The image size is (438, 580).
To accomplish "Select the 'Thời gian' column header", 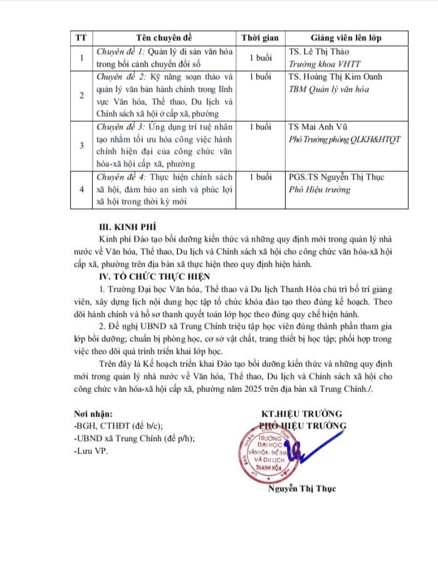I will click(260, 38).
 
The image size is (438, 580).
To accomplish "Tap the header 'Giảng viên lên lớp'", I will click(346, 38).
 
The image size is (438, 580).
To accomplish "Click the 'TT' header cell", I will click(81, 38).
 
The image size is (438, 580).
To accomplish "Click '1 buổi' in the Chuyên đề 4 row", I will click(260, 177).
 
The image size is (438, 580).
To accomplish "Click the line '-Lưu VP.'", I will click(91, 451).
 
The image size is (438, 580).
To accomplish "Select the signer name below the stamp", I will click(302, 488).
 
